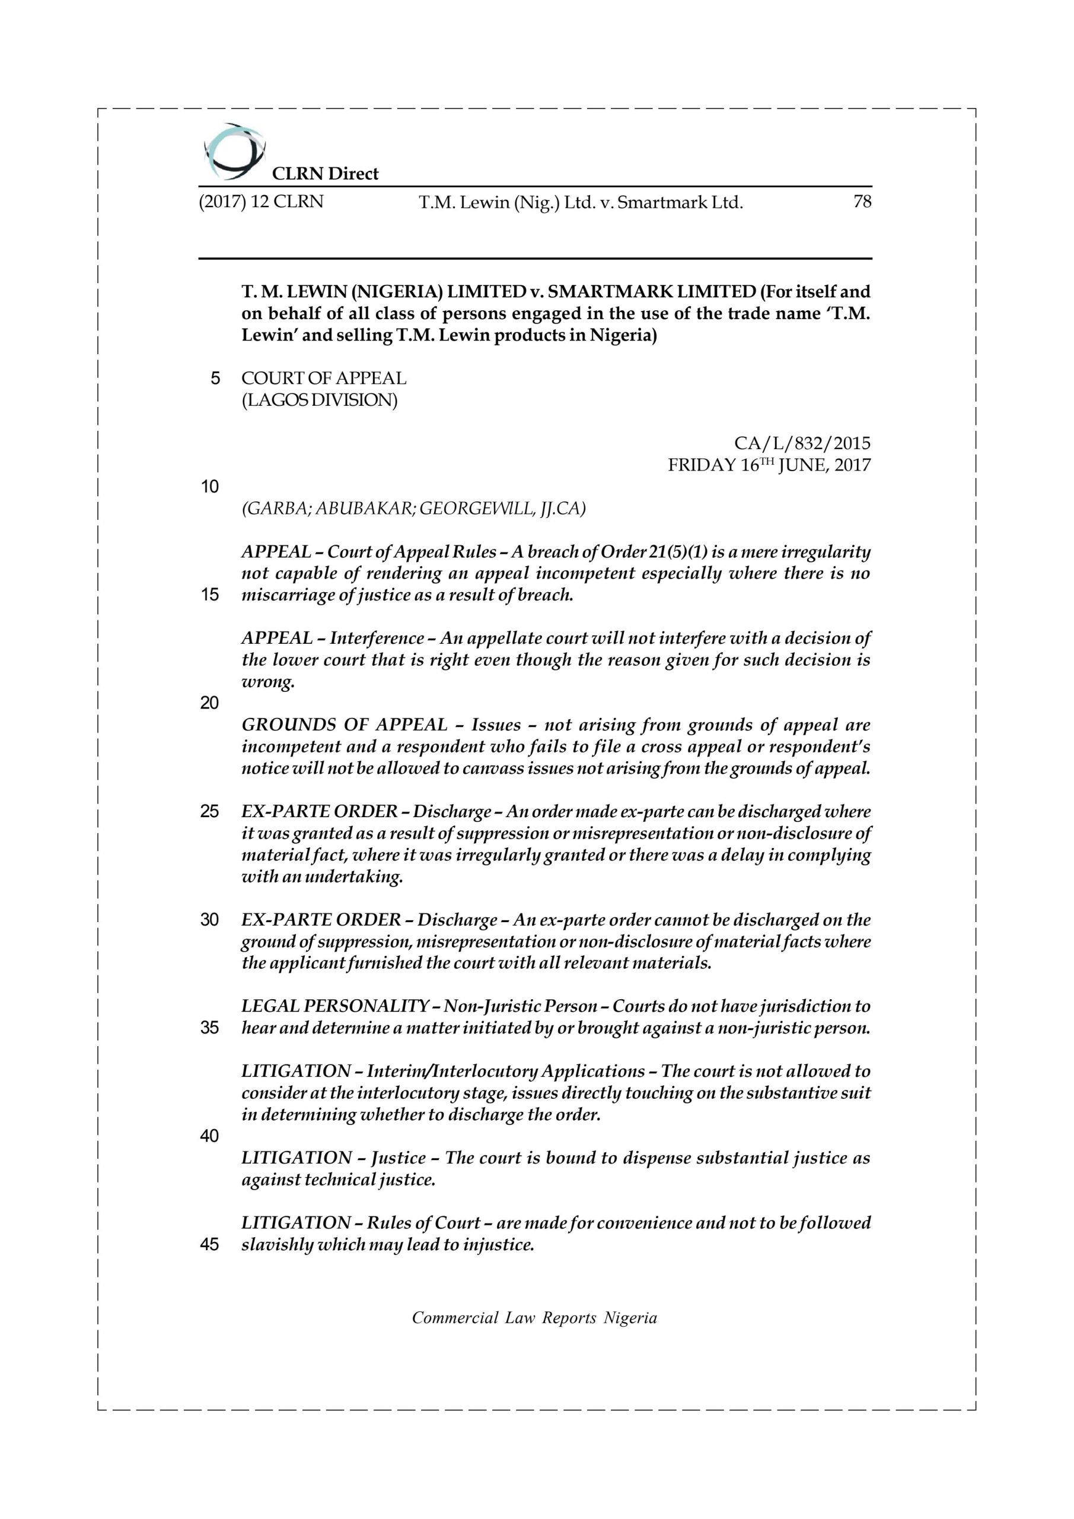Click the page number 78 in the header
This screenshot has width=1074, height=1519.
[862, 202]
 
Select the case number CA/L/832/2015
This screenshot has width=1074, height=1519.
[802, 443]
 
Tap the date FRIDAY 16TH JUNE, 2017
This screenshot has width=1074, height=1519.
[769, 465]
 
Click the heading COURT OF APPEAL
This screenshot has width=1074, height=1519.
[323, 379]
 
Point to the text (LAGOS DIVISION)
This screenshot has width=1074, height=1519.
[320, 401]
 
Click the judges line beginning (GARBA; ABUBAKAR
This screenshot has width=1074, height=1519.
[413, 508]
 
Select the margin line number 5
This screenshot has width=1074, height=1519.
[215, 379]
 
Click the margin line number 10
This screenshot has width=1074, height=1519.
[210, 487]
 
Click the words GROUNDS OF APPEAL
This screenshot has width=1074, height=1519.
[345, 725]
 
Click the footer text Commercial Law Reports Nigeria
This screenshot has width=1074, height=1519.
[534, 1318]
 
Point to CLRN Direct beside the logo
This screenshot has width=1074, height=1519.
[325, 174]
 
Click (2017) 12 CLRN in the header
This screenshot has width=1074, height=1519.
[261, 202]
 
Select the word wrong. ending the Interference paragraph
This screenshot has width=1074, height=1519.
[267, 682]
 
